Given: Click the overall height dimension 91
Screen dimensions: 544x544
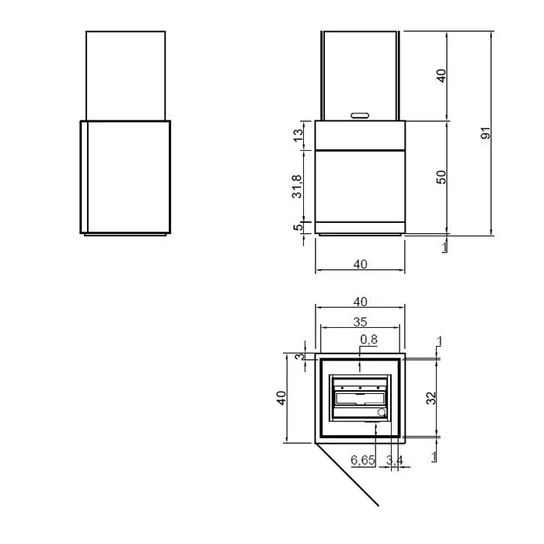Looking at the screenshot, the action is click(x=486, y=133).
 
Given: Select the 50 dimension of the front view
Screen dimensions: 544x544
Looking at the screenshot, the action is click(x=441, y=177).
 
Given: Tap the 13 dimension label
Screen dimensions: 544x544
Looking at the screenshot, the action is click(x=298, y=135).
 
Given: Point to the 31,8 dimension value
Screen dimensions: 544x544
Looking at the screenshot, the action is click(x=297, y=187).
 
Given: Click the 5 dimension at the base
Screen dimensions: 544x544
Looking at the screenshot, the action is click(x=298, y=228).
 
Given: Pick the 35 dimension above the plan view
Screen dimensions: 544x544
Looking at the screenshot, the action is click(x=360, y=322).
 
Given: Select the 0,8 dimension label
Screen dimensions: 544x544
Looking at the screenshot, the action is click(x=369, y=339).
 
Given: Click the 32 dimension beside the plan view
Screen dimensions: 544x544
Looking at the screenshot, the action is click(x=431, y=398).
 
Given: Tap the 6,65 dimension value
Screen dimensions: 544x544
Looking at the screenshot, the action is click(x=363, y=460).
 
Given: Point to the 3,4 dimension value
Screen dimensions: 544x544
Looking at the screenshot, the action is click(x=395, y=460).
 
